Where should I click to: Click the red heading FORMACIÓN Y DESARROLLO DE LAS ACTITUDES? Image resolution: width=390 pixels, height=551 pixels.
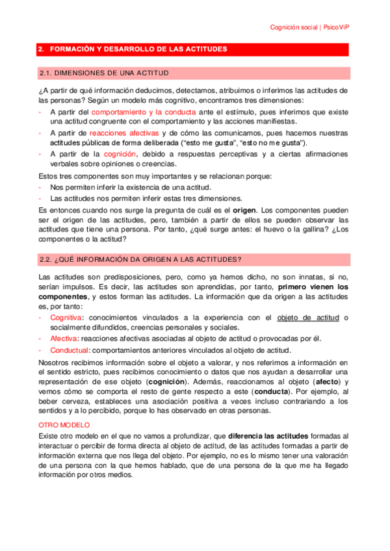click(x=137, y=49)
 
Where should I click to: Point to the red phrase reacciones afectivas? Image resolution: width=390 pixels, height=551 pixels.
click(x=123, y=133)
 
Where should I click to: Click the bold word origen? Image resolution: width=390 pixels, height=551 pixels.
click(x=244, y=210)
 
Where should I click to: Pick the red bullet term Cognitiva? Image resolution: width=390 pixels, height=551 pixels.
click(x=66, y=317)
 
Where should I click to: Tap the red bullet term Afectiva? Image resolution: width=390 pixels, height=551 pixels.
click(x=64, y=339)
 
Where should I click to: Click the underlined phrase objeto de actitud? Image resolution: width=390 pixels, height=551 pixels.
click(x=309, y=317)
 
